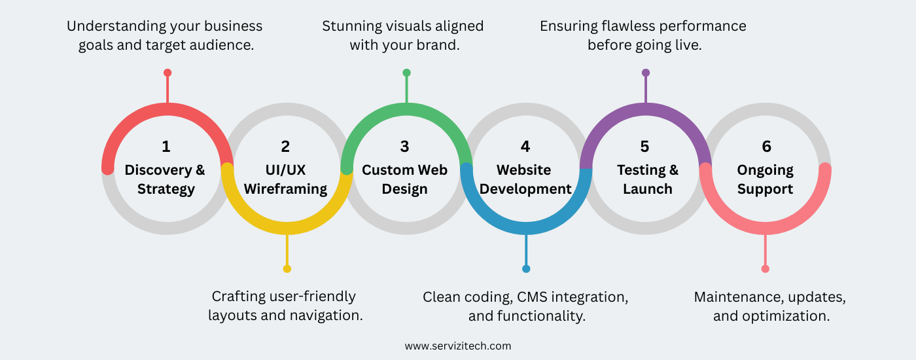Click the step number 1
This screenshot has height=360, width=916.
(x=166, y=147)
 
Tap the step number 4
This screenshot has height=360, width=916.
(x=525, y=147)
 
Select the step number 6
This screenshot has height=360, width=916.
(x=766, y=147)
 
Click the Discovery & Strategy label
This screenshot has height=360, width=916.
(x=166, y=179)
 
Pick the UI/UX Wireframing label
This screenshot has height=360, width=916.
(x=285, y=179)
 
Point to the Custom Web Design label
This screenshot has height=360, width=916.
(x=405, y=179)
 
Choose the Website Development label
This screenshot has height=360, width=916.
(x=525, y=179)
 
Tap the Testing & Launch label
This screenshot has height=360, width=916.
(x=647, y=179)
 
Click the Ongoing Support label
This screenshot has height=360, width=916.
(x=766, y=179)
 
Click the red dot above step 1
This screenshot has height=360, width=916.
(x=167, y=73)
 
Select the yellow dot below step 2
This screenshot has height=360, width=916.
(x=287, y=268)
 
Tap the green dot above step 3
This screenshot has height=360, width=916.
(x=406, y=73)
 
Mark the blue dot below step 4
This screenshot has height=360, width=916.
(x=526, y=268)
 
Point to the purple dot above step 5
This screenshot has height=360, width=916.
(x=646, y=73)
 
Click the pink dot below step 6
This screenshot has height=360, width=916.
(x=766, y=268)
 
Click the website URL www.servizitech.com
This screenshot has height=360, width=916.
(x=457, y=346)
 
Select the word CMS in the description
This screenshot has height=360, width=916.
(x=533, y=297)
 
